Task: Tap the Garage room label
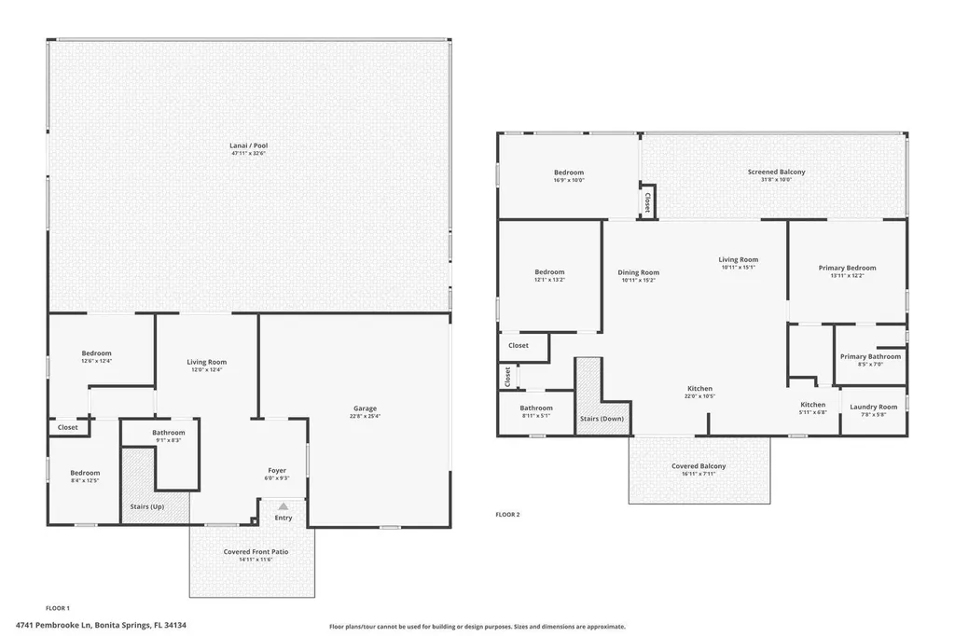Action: [365, 408]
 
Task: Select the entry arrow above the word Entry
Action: [284, 506]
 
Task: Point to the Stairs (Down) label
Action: [602, 419]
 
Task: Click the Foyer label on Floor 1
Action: [277, 471]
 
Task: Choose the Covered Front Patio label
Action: [256, 552]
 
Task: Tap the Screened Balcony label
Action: [776, 172]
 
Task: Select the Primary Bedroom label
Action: [847, 268]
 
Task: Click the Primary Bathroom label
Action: [870, 356]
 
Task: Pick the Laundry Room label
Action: [874, 407]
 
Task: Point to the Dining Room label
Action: [639, 272]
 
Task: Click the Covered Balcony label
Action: [699, 466]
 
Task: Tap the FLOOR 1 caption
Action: [58, 607]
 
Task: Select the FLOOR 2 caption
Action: [507, 514]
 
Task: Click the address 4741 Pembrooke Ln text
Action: [101, 626]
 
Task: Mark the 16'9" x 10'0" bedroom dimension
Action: [569, 180]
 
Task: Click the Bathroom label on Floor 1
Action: [169, 433]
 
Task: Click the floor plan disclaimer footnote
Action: [477, 627]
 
